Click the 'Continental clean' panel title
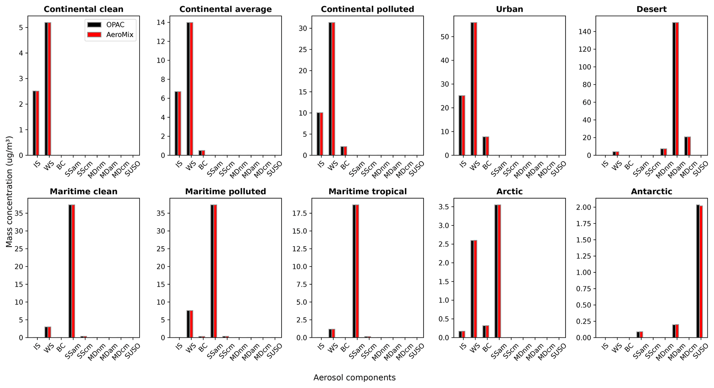pos(84,9)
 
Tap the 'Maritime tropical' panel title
pos(368,191)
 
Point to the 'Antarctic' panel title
pos(651,191)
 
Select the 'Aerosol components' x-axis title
pos(354,378)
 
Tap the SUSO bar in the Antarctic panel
pos(699,271)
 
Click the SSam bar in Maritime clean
pos(72,271)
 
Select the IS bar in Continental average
pos(178,123)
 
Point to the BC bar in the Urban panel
pos(486,146)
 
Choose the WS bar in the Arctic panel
pos(474,289)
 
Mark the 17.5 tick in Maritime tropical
pos(301,213)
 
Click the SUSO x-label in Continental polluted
pos(417,168)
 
